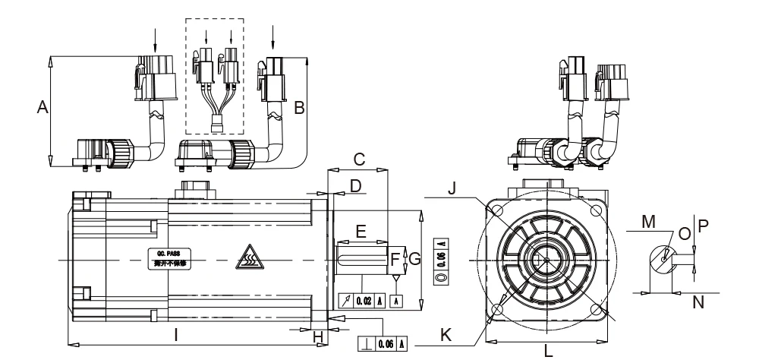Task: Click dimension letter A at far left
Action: click(x=43, y=109)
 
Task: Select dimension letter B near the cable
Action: click(x=299, y=109)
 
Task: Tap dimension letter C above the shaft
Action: click(x=360, y=159)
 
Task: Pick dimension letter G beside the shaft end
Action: click(x=414, y=259)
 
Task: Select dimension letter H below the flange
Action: click(x=318, y=336)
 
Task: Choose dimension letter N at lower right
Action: click(x=699, y=302)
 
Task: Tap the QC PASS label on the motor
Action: click(x=167, y=258)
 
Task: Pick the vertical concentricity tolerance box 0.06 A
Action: click(x=439, y=261)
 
